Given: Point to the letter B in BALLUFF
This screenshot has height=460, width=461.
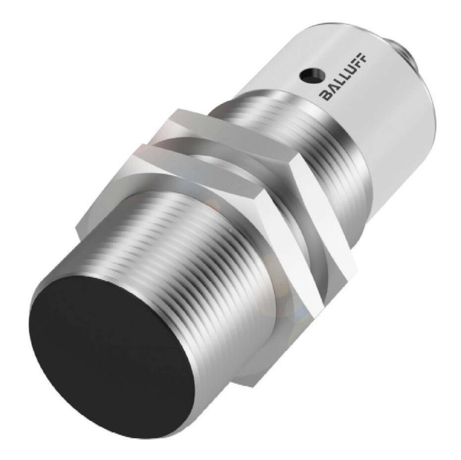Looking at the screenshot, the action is tap(325, 96).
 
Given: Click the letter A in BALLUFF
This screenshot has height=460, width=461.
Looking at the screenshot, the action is tap(330, 89).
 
